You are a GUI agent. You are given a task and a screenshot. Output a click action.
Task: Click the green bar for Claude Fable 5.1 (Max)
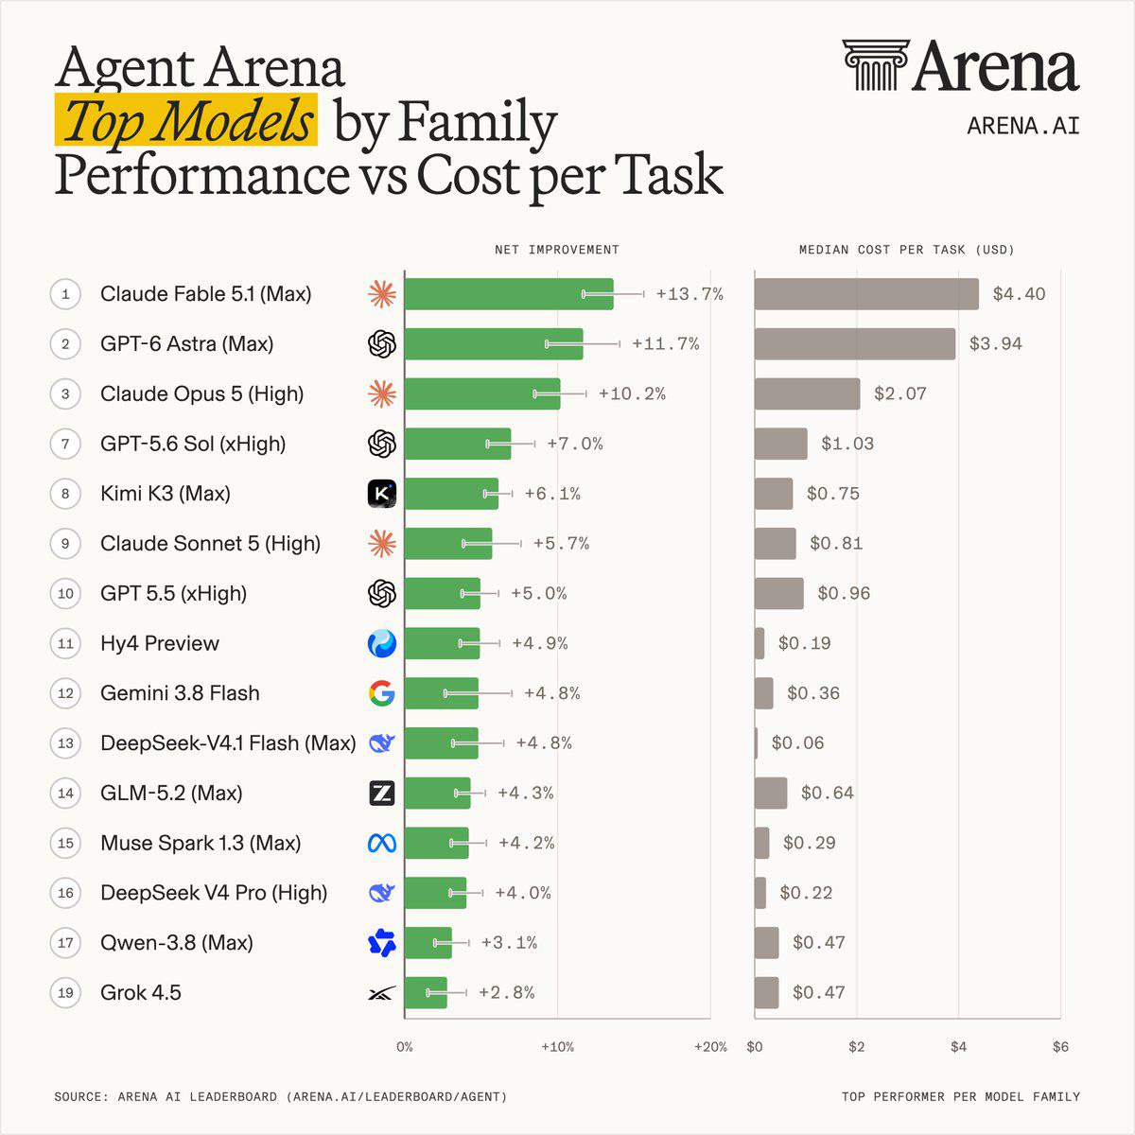pyautogui.click(x=509, y=294)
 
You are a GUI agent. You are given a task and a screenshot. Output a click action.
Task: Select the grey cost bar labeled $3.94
pyautogui.click(x=855, y=344)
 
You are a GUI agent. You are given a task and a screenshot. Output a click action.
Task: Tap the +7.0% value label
pyautogui.click(x=575, y=444)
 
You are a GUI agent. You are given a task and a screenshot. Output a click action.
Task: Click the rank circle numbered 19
pyautogui.click(x=65, y=992)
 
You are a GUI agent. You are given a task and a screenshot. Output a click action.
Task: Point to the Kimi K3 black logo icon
pyautogui.click(x=382, y=494)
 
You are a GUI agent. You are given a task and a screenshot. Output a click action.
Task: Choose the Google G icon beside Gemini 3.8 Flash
pyautogui.click(x=382, y=693)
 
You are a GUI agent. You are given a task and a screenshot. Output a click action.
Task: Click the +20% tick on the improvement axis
pyautogui.click(x=710, y=1047)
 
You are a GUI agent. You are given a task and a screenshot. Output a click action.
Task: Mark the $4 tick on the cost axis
pyautogui.click(x=958, y=1047)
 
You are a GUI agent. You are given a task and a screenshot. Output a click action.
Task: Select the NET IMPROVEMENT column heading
pyautogui.click(x=556, y=250)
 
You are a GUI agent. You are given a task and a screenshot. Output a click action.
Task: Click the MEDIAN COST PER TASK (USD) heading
pyautogui.click(x=906, y=250)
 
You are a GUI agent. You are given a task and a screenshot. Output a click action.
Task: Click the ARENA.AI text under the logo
pyautogui.click(x=1023, y=126)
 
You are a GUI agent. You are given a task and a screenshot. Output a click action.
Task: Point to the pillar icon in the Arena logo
pyautogui.click(x=875, y=65)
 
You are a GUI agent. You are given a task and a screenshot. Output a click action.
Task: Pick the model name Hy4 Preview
pyautogui.click(x=160, y=643)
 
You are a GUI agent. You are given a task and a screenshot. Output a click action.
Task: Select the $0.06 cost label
pyautogui.click(x=797, y=743)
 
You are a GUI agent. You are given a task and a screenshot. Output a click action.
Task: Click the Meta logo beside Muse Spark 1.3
pyautogui.click(x=382, y=844)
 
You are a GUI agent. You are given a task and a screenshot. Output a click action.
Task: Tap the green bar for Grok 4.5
pyautogui.click(x=426, y=992)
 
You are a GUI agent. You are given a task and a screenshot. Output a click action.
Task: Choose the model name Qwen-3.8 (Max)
pyautogui.click(x=177, y=943)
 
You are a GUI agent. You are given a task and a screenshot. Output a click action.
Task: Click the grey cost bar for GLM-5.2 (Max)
pyautogui.click(x=771, y=794)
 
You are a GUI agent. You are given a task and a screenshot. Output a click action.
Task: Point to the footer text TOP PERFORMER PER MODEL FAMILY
pyautogui.click(x=961, y=1097)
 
